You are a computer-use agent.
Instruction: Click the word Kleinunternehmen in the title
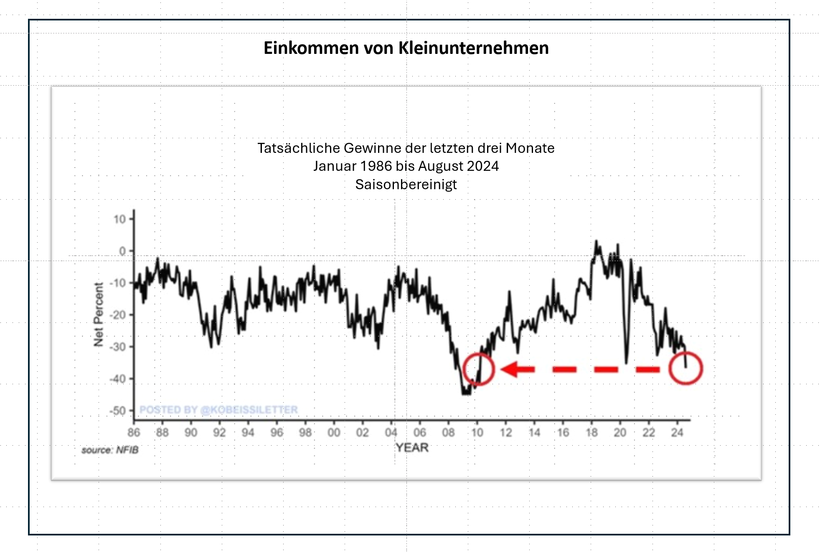pos(473,48)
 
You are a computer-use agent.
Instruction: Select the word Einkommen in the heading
pos(311,48)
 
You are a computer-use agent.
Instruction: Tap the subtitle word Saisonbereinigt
pos(406,184)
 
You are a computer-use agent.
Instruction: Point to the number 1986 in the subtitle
pos(376,166)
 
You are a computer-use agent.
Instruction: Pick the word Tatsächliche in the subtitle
pos(299,148)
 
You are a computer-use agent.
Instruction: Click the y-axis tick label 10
pos(119,219)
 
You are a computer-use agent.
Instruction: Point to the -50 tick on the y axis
pos(118,411)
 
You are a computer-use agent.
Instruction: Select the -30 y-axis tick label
pos(118,347)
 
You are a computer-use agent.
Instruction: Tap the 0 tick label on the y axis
pos(122,251)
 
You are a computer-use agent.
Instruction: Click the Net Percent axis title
pos(98,315)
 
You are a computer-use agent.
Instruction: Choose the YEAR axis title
pos(412,448)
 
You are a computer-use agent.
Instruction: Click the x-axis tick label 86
pos(134,432)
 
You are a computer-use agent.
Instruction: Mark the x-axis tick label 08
pos(448,432)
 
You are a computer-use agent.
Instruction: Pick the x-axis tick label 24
pos(677,432)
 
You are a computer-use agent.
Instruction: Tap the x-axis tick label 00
pos(334,432)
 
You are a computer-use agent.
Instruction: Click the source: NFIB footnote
pos(110,450)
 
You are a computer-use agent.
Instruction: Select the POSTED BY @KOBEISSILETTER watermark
pos(218,410)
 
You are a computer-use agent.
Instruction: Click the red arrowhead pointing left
pos(510,369)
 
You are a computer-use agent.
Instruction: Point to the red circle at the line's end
pos(685,368)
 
